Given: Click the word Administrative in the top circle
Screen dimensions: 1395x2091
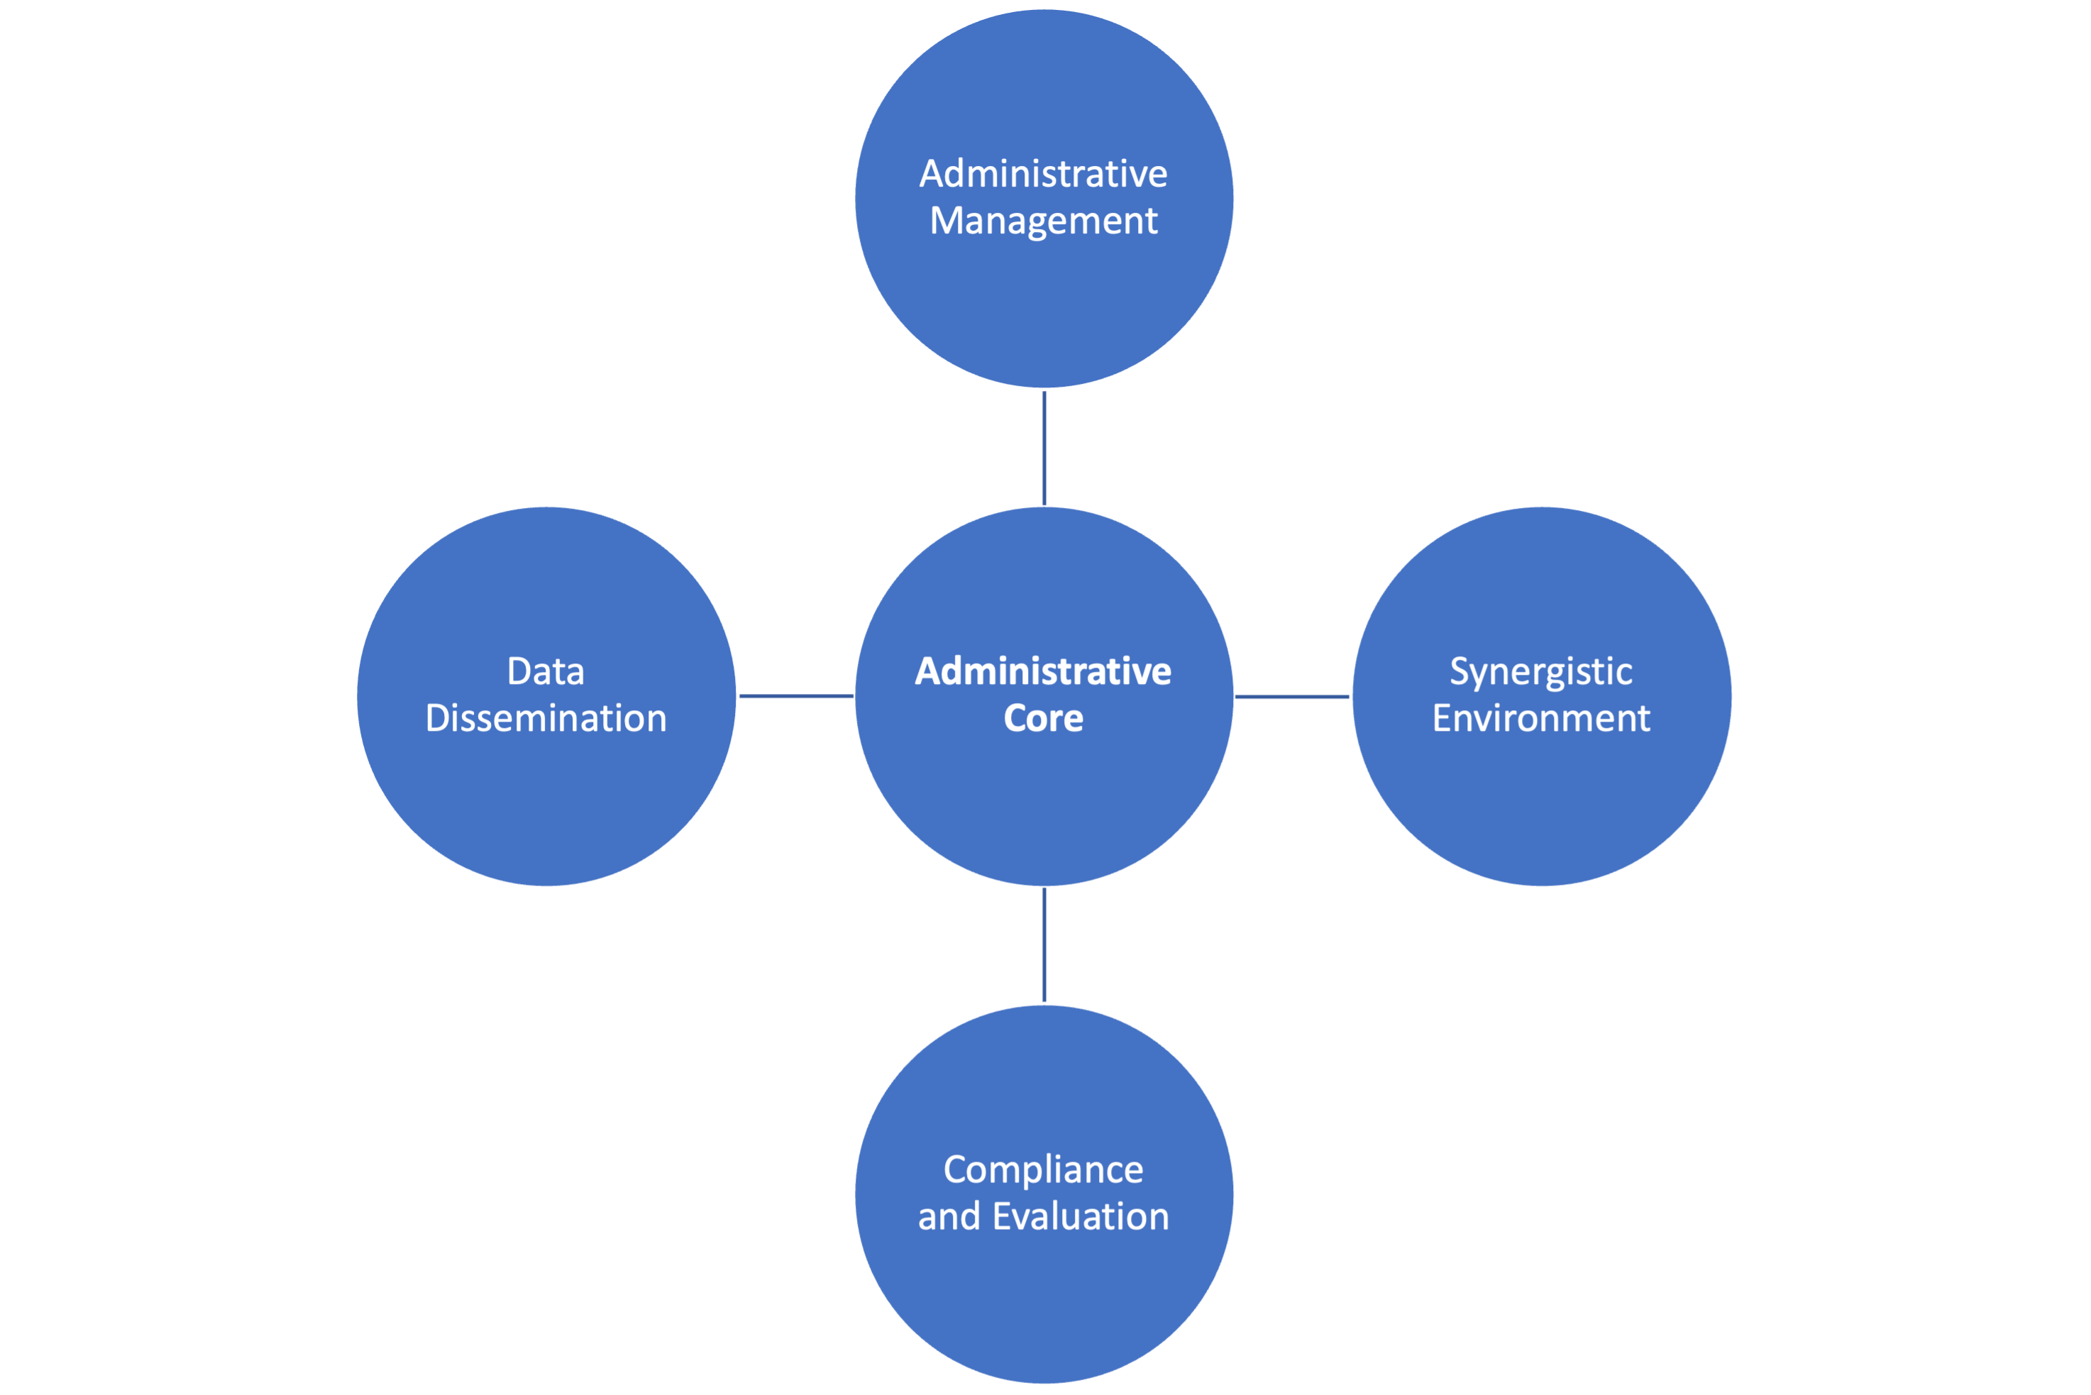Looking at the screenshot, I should click(1043, 173).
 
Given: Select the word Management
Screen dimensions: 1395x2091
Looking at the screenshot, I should click(1043, 221).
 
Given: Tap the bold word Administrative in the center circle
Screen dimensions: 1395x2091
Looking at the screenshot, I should click(1043, 672).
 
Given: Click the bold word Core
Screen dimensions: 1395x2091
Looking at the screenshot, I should click(1043, 719).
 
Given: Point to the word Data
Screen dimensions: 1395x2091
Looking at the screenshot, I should click(545, 672).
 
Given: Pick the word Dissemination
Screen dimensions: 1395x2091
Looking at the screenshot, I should click(545, 719).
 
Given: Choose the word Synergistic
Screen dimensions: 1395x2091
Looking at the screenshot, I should click(1540, 673).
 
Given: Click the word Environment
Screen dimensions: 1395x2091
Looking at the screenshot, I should click(1540, 719).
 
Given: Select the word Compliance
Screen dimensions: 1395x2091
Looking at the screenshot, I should click(1043, 1170).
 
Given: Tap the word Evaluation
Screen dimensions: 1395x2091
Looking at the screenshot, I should click(1080, 1216).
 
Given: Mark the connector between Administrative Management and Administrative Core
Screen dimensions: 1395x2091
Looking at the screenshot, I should click(1044, 448).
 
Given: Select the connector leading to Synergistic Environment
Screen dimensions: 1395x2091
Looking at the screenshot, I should click(1292, 697).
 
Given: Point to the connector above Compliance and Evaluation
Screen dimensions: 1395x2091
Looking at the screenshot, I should click(1044, 945).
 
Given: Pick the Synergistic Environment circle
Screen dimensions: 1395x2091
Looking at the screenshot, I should click(1541, 800).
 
